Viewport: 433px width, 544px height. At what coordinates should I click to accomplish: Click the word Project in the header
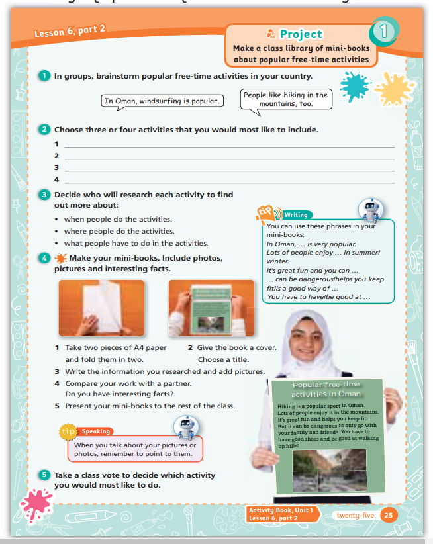pyautogui.click(x=301, y=34)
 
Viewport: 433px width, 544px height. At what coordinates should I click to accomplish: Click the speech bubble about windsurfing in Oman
pyautogui.click(x=162, y=101)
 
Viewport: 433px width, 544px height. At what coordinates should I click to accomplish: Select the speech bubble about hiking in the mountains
pyautogui.click(x=285, y=99)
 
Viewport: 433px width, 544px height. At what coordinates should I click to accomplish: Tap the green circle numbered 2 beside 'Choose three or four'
pyautogui.click(x=44, y=130)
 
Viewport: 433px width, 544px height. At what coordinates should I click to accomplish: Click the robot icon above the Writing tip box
pyautogui.click(x=369, y=210)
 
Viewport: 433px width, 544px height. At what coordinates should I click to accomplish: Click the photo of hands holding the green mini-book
pyautogui.click(x=211, y=308)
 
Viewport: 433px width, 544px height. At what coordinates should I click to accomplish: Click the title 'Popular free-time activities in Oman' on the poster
pyautogui.click(x=326, y=389)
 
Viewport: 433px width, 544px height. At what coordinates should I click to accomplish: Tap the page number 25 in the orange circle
pyautogui.click(x=389, y=515)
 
